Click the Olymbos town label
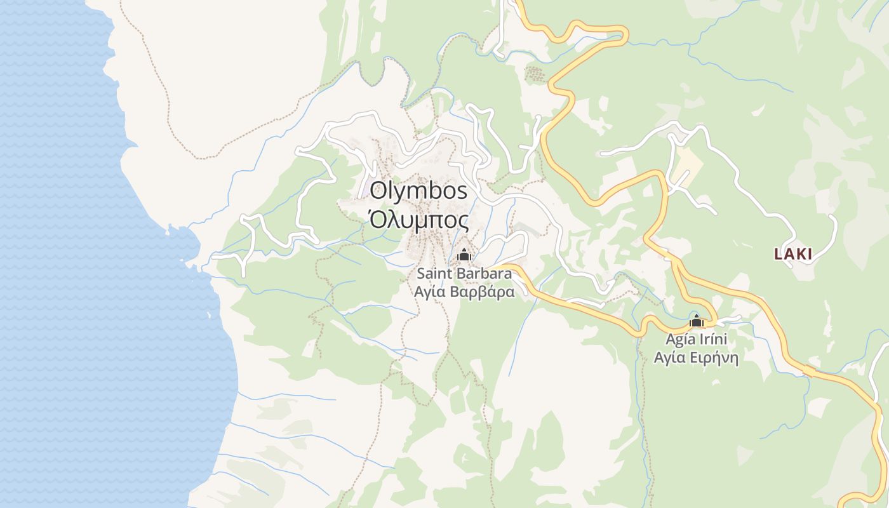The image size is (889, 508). (418, 190)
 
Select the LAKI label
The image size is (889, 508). (793, 254)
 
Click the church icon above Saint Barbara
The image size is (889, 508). (464, 255)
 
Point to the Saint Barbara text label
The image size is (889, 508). (464, 274)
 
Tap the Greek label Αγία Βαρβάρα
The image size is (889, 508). (464, 292)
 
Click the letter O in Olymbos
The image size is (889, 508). (379, 190)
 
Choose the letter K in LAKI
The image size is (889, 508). (799, 254)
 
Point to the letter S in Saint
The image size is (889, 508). (421, 274)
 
